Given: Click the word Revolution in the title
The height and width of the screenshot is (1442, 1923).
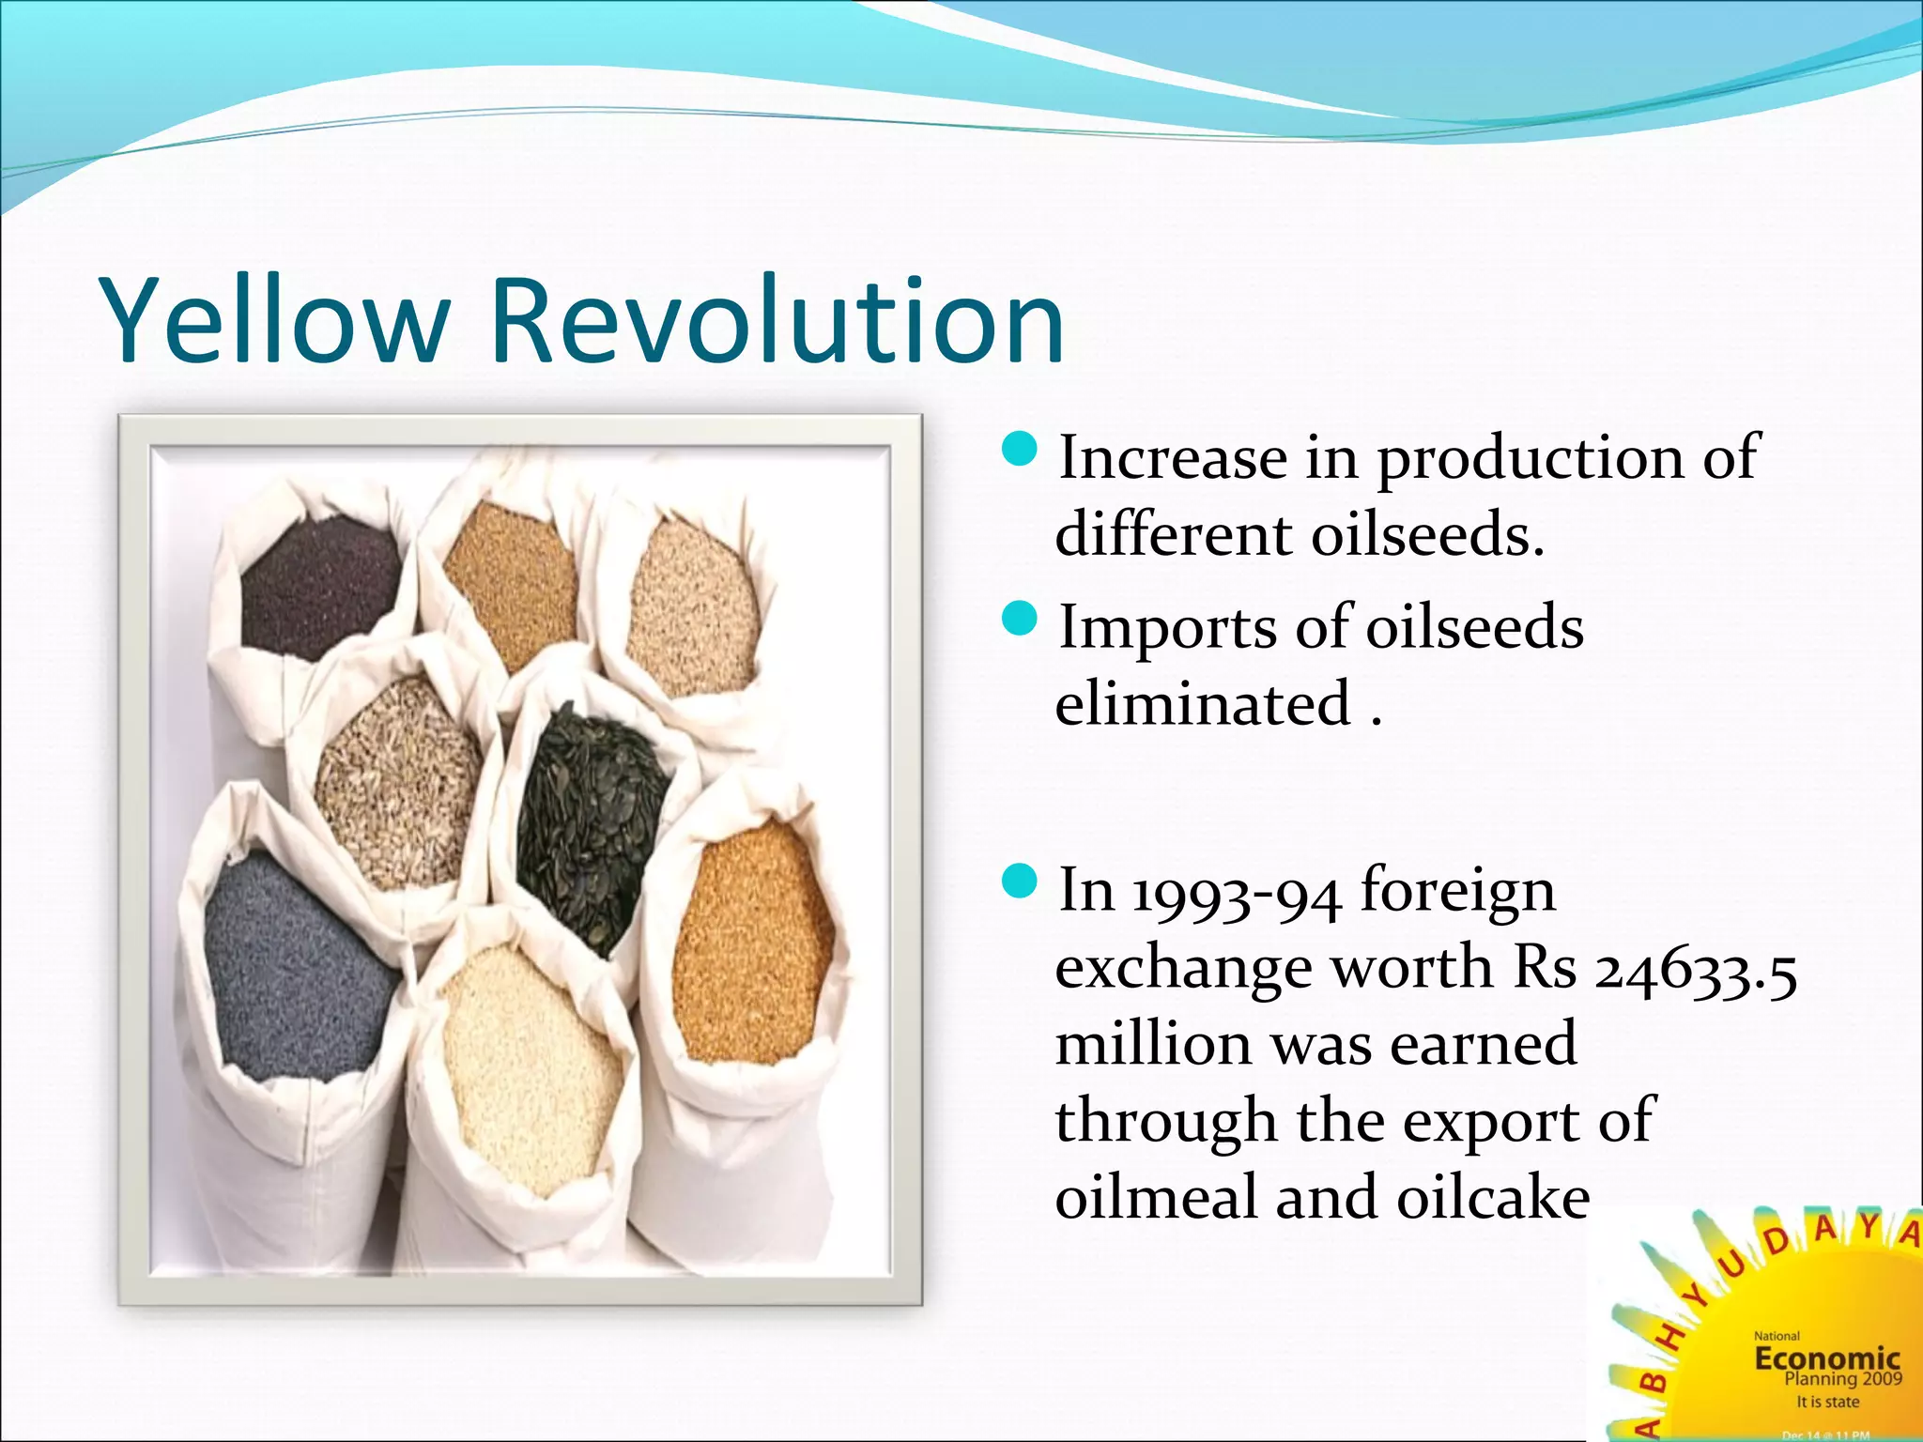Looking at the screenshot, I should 777,321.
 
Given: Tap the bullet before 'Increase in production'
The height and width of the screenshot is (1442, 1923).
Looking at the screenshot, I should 1020,450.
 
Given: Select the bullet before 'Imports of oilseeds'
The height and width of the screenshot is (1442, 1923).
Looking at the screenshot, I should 1020,619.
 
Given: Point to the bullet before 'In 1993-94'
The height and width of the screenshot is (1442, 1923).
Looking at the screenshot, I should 1020,882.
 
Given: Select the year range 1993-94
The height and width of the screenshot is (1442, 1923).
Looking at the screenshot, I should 1236,892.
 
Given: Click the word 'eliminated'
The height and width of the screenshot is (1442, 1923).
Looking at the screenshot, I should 1203,704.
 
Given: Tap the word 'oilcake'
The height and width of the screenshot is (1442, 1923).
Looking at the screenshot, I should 1493,1198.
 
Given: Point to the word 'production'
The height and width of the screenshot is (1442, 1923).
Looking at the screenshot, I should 1530,460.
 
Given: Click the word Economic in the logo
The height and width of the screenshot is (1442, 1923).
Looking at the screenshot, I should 1826,1358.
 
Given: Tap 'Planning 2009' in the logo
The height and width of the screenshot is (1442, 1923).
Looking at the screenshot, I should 1842,1379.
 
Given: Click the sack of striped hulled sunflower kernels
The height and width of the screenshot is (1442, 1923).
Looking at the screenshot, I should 399,779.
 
